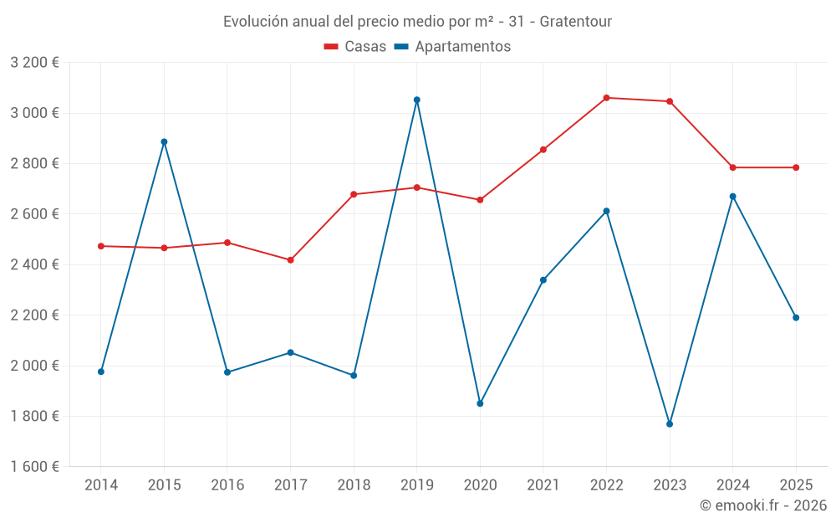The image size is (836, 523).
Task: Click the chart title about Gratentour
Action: point(417,21)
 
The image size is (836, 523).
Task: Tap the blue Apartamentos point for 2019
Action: point(417,100)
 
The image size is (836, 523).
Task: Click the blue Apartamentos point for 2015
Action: point(164,141)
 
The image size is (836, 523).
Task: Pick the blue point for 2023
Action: point(670,424)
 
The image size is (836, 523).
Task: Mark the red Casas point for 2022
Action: point(606,98)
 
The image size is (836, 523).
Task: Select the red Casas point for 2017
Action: point(290,260)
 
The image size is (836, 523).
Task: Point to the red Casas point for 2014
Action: point(101,246)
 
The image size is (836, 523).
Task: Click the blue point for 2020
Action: point(480,403)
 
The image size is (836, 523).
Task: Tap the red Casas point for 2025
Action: point(796,167)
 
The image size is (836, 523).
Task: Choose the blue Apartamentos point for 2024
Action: point(733,197)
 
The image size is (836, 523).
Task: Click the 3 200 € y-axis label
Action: point(34,63)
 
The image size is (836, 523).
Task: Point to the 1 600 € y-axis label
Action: point(34,467)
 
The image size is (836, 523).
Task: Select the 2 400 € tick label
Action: point(34,264)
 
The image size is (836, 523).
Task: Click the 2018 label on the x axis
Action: point(354,485)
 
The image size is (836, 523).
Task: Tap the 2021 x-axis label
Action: point(543,485)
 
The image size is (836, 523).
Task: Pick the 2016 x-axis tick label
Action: point(227,485)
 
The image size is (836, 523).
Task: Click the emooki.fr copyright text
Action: point(762,505)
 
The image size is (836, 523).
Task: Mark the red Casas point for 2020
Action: point(480,200)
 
